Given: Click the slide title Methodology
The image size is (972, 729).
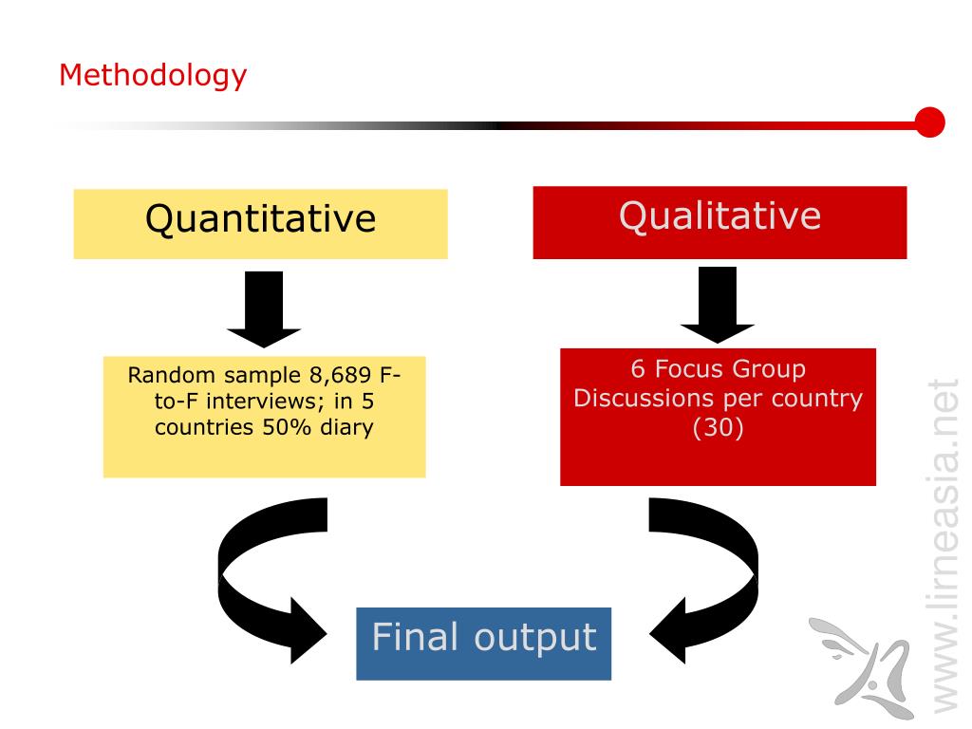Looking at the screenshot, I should point(153,75).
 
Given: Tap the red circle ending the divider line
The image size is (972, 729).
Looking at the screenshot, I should point(930,122).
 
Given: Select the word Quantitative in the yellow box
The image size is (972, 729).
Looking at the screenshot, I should point(260,219).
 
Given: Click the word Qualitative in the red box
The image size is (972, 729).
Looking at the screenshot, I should point(720,215).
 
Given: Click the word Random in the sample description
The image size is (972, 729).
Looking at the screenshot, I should point(164,375).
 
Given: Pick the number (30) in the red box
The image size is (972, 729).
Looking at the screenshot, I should point(719,428).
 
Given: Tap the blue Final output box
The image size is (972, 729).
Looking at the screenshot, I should point(483,643).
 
